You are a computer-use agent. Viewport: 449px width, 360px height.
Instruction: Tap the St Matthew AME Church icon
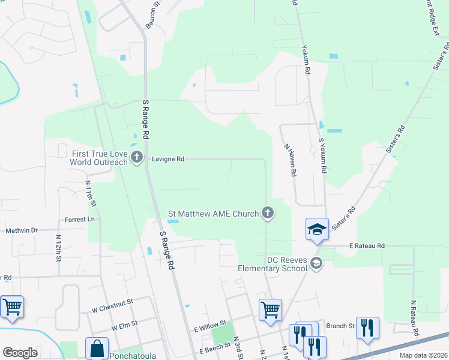pos(268,213)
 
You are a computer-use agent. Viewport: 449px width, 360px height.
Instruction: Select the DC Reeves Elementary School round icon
pos(316,263)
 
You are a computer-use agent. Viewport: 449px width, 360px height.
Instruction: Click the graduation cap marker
pos(317,229)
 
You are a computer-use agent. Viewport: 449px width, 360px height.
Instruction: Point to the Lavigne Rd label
pos(167,160)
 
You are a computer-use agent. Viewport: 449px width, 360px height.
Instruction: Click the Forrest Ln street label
pos(80,220)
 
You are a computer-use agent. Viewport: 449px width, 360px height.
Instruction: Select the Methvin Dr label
pos(21,230)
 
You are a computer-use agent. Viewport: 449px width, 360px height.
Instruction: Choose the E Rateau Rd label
pos(367,246)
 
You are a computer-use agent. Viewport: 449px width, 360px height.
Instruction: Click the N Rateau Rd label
pos(414,319)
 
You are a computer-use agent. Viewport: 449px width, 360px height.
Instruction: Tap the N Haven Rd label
pos(289,158)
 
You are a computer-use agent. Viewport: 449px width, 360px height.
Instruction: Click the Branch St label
pos(340,326)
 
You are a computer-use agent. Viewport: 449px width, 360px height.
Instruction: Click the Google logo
pos(20,352)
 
